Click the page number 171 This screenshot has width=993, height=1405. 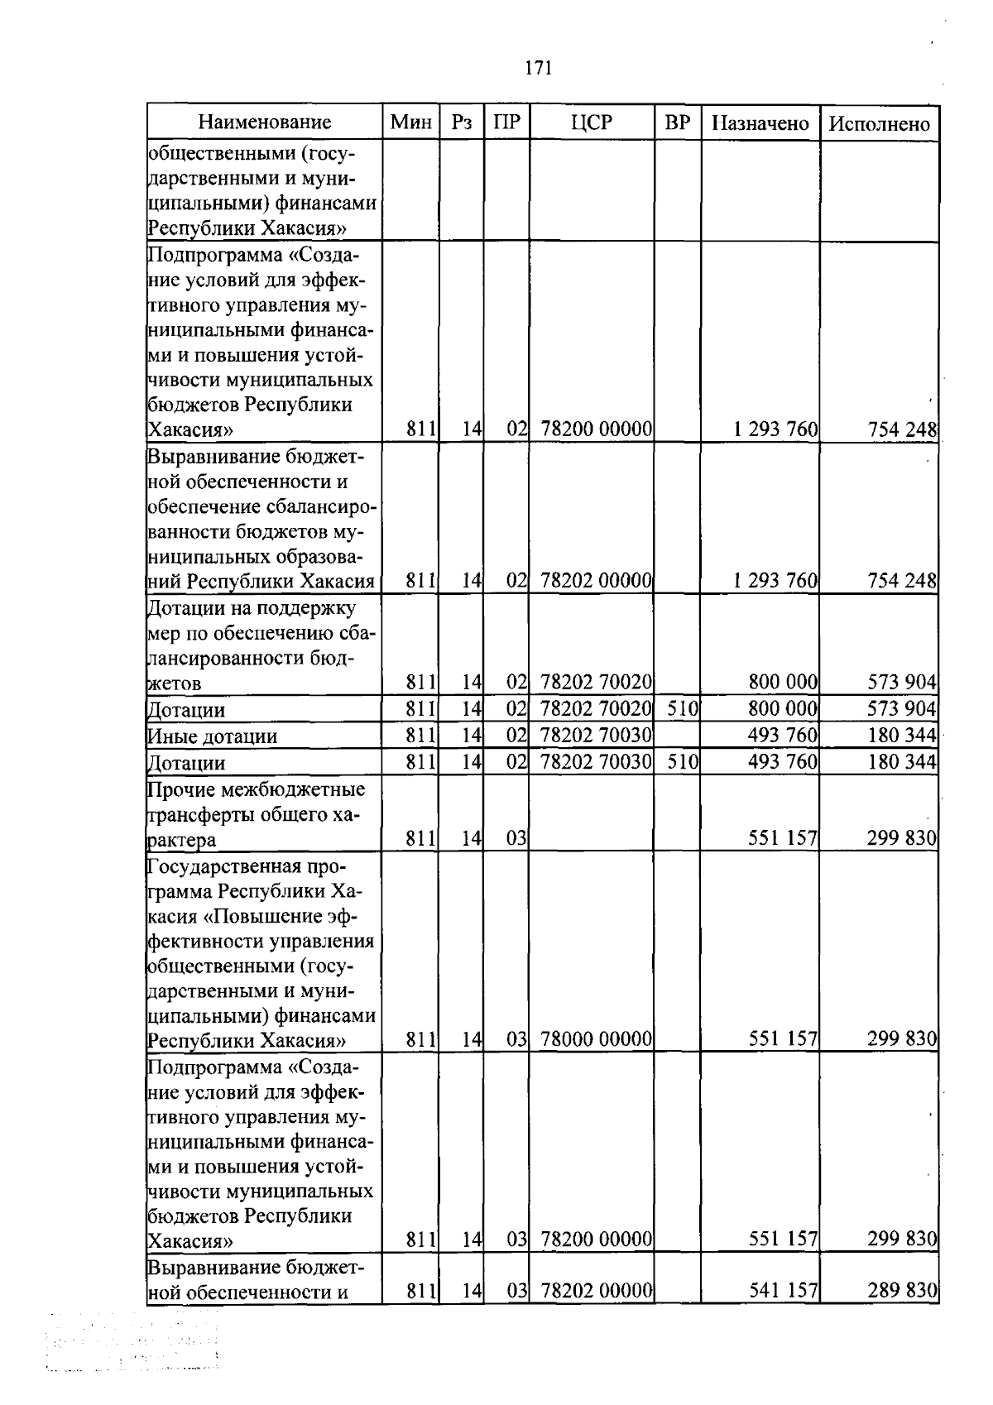(538, 68)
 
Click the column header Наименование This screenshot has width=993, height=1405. (265, 122)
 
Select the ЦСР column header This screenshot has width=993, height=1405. (592, 122)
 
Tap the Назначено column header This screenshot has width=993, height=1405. (760, 123)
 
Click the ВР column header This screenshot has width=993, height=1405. (677, 122)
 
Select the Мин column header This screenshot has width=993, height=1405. (411, 122)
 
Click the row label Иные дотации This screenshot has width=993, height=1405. (212, 736)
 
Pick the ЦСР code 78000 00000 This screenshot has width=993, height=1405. (596, 1038)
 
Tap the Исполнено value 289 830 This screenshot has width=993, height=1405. (902, 1290)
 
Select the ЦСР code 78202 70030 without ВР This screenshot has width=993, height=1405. (596, 735)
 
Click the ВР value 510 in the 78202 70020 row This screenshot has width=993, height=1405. (683, 709)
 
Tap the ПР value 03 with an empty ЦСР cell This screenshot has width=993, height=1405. (516, 838)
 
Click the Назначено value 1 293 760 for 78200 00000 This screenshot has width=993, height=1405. (775, 429)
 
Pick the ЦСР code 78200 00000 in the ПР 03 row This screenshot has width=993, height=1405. (596, 1239)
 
